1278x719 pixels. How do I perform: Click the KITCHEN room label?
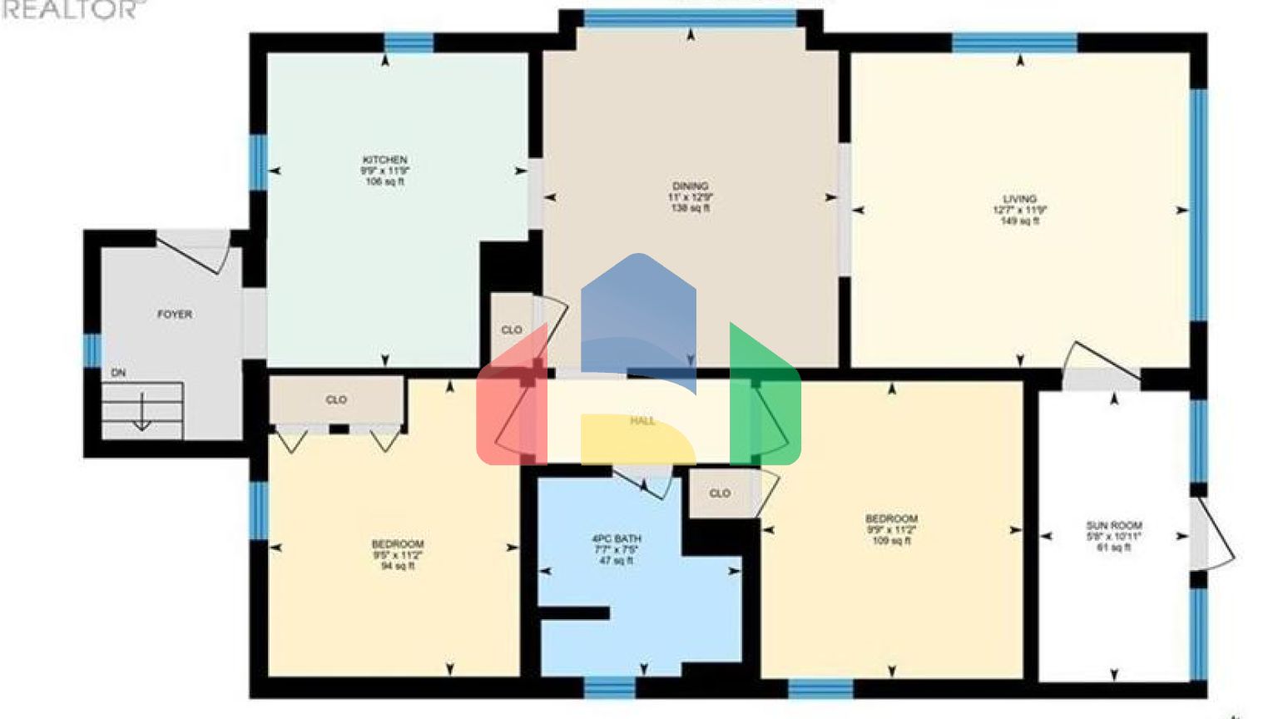[x=384, y=160]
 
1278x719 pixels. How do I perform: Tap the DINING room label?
[x=690, y=186]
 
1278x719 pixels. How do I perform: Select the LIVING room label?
[x=1019, y=199]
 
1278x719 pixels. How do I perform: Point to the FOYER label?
[x=175, y=315]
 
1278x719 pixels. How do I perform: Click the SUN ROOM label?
[x=1113, y=526]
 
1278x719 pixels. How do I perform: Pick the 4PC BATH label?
[x=616, y=539]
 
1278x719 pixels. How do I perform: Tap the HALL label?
[x=641, y=421]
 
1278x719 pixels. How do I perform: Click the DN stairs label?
[x=119, y=374]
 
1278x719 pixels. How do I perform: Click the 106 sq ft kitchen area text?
[x=384, y=181]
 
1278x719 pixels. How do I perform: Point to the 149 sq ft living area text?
[x=1019, y=221]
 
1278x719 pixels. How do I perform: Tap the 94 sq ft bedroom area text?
[x=397, y=566]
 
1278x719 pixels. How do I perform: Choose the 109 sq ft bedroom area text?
[x=890, y=541]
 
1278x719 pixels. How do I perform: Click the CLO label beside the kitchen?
[x=512, y=330]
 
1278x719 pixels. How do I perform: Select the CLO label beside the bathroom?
[x=720, y=493]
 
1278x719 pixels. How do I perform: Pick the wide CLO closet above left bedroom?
[x=336, y=400]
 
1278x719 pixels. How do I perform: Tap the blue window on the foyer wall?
[x=92, y=350]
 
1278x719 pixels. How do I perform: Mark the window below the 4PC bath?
[x=609, y=687]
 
